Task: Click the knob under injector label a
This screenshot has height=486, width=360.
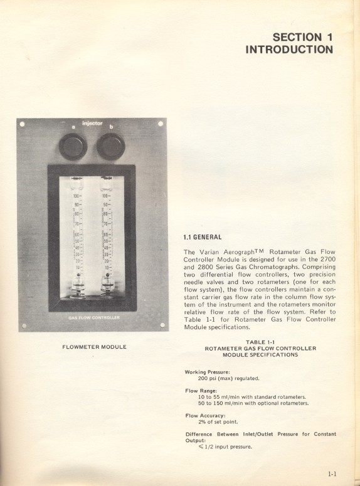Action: (73, 146)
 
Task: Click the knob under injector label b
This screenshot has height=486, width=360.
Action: (111, 146)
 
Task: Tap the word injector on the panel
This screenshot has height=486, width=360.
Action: (92, 124)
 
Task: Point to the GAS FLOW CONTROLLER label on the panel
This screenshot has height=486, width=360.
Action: (93, 318)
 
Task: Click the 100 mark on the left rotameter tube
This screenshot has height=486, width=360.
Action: (76, 196)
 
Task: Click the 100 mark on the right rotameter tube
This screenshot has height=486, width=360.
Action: (106, 196)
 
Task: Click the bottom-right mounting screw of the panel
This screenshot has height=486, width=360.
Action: (162, 324)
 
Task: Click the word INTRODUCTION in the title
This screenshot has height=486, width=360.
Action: (289, 50)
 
